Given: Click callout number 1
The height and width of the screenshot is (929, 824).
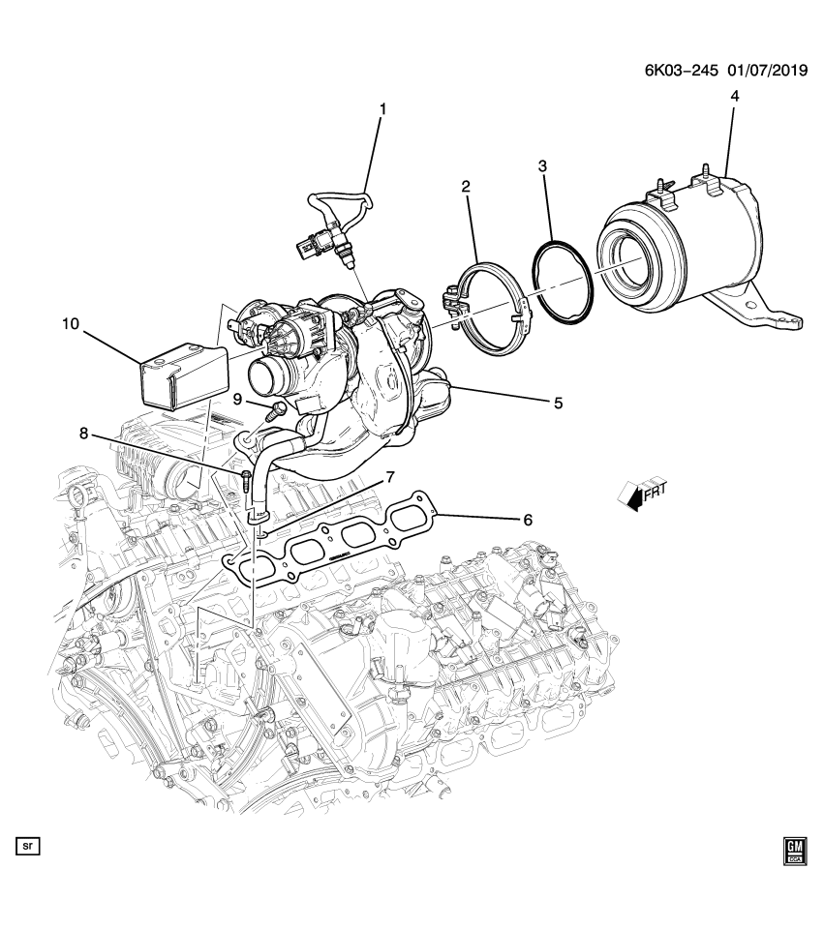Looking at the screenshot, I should point(381,110).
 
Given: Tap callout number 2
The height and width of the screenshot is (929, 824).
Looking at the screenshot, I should point(466,186).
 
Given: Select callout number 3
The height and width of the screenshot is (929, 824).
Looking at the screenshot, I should point(543,166).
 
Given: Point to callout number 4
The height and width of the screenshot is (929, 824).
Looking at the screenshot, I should point(734,97).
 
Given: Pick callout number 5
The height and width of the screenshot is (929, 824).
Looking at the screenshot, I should point(558,403).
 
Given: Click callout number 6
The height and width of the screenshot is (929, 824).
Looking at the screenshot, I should point(528,520).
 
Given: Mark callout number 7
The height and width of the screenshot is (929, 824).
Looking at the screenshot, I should point(390,477).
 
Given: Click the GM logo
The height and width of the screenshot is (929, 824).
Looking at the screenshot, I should point(793,849).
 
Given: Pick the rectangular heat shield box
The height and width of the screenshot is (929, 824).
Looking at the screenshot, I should point(184,373).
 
